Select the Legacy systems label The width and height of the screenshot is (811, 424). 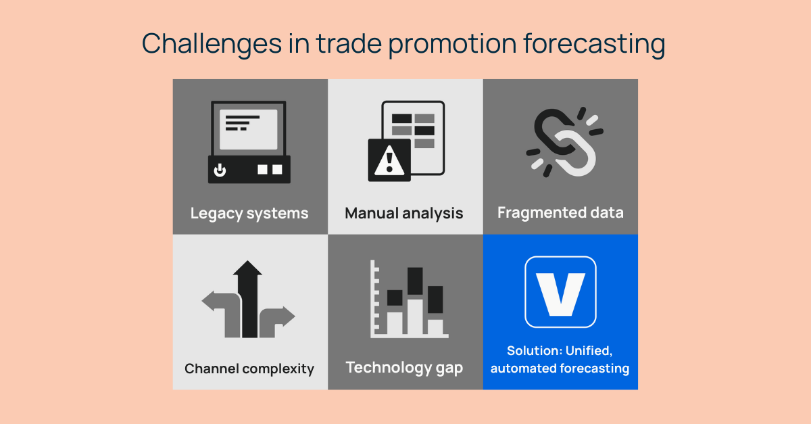point(249,214)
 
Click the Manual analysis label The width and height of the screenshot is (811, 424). point(404,214)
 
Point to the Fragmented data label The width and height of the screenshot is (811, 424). point(560,212)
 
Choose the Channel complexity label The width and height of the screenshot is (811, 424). point(249,369)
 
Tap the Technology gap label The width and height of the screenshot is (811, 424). point(404,367)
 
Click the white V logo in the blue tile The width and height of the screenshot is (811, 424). point(560,292)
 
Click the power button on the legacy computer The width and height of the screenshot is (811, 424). point(220,169)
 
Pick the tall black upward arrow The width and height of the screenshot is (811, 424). point(249,298)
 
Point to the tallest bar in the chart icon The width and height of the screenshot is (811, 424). point(415,301)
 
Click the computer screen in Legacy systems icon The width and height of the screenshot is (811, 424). point(249,128)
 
